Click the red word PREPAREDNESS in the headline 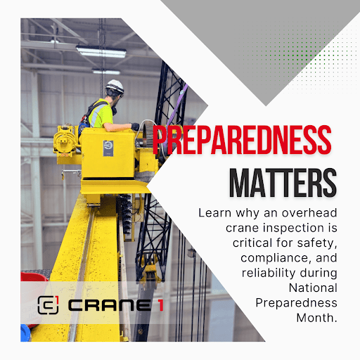click(x=242, y=140)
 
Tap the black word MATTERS click(x=283, y=183)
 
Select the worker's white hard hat click(x=115, y=86)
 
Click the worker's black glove click(x=135, y=127)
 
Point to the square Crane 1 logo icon click(x=48, y=304)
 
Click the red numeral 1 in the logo click(x=161, y=306)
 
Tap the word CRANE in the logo click(x=110, y=306)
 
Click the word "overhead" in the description click(x=309, y=213)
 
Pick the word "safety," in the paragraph click(x=317, y=243)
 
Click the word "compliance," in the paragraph click(x=276, y=258)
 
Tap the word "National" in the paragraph click(x=313, y=288)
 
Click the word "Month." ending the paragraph click(x=316, y=318)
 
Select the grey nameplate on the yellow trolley click(x=108, y=148)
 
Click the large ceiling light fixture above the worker click(x=101, y=51)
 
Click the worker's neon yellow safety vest click(x=101, y=114)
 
